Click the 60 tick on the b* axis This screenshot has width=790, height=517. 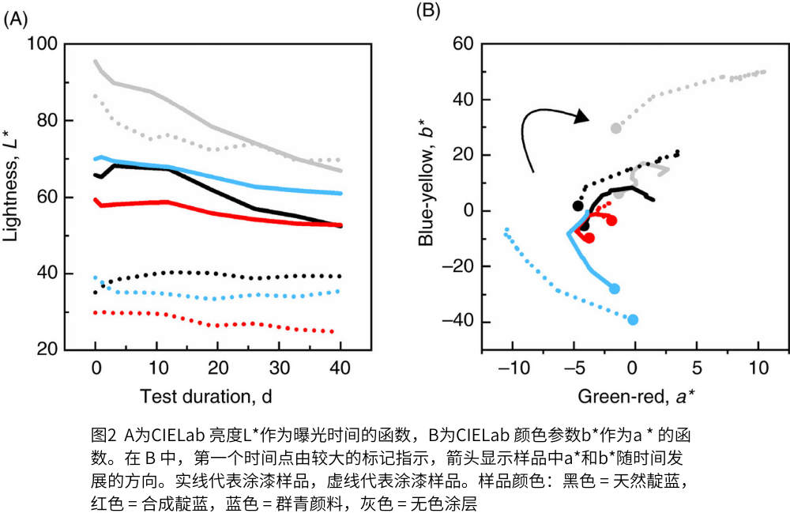coord(459,44)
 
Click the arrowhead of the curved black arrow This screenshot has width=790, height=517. coord(581,117)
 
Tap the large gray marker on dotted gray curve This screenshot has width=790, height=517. coord(615,128)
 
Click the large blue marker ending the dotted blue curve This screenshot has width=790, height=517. coord(632,319)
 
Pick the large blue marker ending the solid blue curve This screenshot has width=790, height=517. coord(615,289)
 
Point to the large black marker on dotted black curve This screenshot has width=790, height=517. coord(578,206)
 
